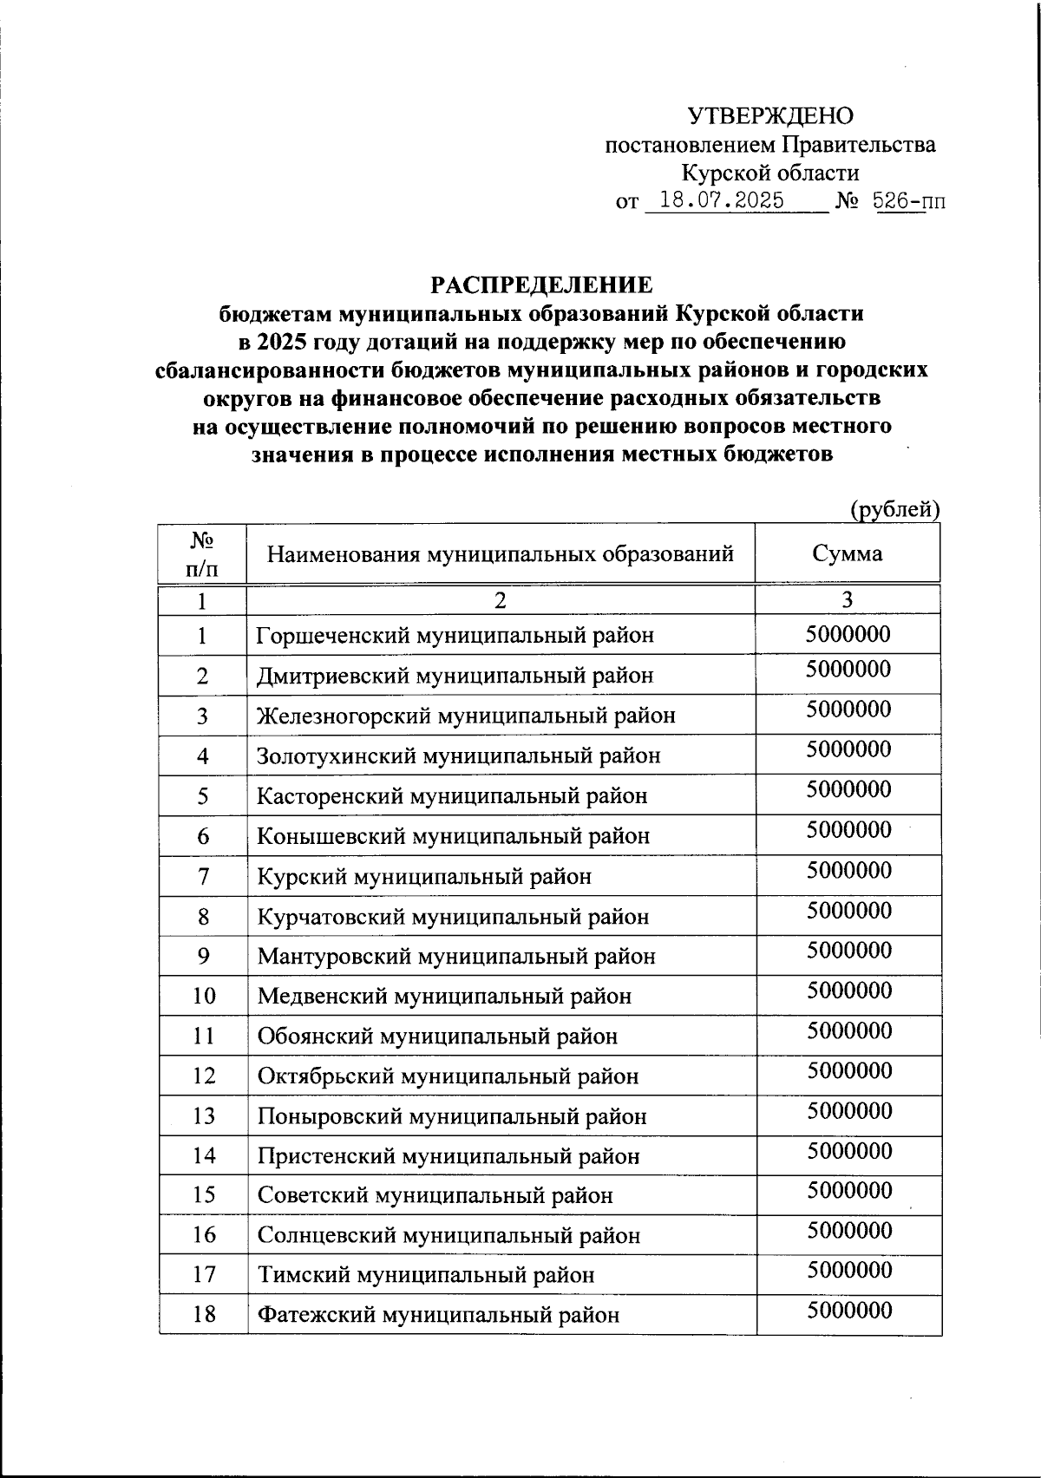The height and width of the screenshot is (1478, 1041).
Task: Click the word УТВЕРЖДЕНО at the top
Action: coord(770,116)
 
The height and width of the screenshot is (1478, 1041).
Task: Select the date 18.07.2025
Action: coord(722,201)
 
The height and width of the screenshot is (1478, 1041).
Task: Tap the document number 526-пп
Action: coord(908,201)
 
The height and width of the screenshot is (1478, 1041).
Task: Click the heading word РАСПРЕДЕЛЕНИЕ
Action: coord(541,285)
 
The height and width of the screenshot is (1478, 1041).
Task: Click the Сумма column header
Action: coord(848,553)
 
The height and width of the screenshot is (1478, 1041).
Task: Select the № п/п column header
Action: coord(202,554)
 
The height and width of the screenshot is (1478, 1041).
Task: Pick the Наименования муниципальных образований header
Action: coord(501,553)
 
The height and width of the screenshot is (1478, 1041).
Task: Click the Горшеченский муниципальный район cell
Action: coord(455,636)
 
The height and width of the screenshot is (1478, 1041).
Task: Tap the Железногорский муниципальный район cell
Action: coord(466,716)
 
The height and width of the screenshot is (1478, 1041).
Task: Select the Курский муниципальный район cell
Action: coord(424,877)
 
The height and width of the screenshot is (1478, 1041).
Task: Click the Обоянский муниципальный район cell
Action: coord(437,1037)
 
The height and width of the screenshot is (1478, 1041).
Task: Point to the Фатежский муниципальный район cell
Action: coord(438,1315)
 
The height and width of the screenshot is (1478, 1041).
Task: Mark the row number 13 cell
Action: coord(203,1116)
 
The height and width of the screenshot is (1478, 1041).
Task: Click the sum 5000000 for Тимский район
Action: coord(849,1271)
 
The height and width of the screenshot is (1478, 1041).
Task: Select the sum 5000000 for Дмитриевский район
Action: coord(848,670)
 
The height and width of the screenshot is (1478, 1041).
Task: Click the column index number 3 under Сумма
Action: coord(848,599)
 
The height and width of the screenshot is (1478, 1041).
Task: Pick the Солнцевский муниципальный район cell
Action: coord(448,1235)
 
